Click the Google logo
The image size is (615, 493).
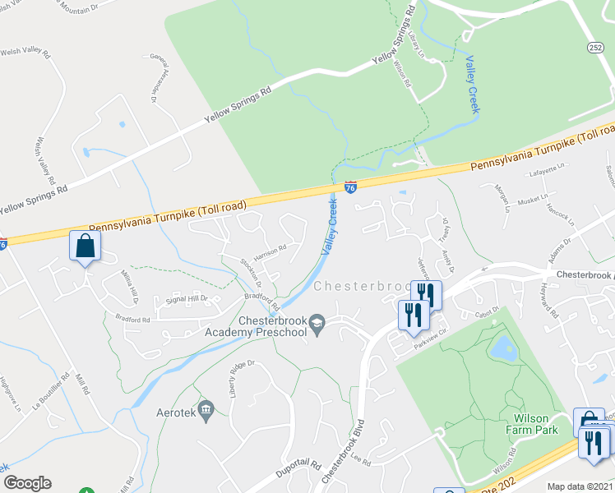[x=27, y=483]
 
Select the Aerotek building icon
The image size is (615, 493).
[x=206, y=408]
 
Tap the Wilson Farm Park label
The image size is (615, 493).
[x=530, y=423]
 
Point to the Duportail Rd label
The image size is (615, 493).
[x=298, y=466]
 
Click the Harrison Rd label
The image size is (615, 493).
[x=270, y=251]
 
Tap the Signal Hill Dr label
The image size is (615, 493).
[x=187, y=300]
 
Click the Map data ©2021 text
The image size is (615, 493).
[x=580, y=486]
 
